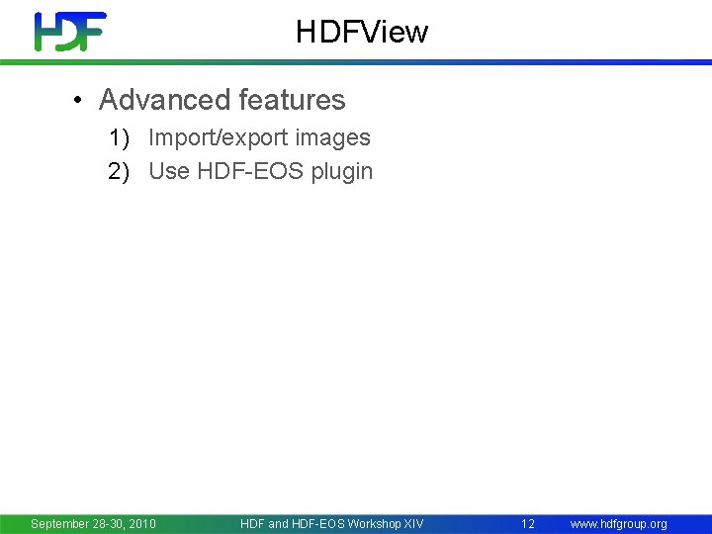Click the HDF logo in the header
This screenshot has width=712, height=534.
(69, 32)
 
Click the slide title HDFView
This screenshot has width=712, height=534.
(361, 33)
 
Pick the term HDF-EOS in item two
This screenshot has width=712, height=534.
(250, 171)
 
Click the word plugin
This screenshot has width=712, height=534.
(342, 171)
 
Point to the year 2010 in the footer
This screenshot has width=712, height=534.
(140, 524)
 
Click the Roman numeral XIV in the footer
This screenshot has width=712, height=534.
(413, 524)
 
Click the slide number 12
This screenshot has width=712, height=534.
(528, 524)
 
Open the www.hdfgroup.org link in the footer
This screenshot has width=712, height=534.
(618, 524)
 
